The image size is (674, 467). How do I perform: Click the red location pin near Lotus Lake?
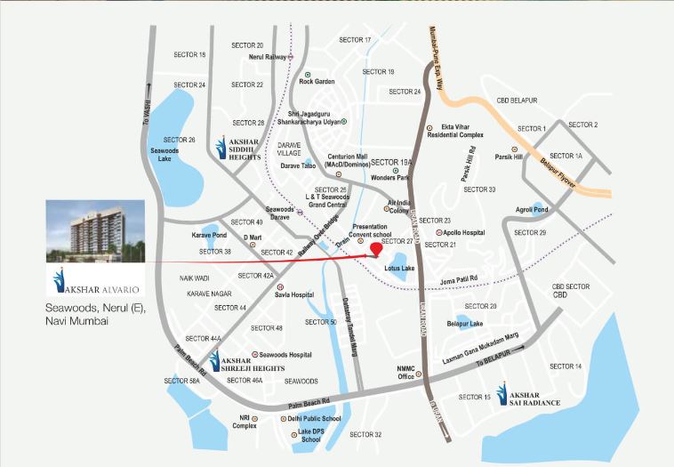[377, 250]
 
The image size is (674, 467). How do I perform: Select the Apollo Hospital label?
[465, 232]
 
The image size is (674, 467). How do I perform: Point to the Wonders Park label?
[389, 179]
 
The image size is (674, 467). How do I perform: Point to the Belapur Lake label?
[466, 325]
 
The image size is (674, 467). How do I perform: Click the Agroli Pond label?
[542, 210]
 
